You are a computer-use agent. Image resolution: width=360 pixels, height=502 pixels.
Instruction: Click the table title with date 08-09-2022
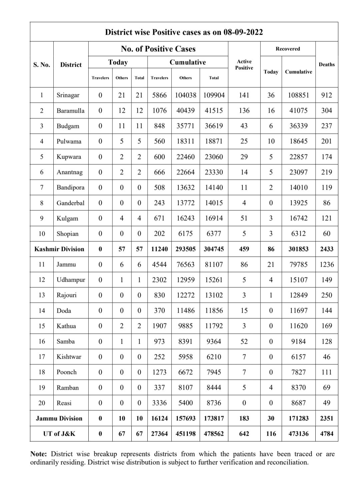(x=184, y=32)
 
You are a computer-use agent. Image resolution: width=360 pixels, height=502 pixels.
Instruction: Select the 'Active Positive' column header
(x=244, y=65)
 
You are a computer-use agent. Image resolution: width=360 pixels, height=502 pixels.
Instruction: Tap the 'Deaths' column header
(x=327, y=64)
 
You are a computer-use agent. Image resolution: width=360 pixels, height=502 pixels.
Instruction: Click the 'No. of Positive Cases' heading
(x=158, y=49)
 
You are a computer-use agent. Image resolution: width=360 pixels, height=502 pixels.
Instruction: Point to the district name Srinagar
(x=68, y=95)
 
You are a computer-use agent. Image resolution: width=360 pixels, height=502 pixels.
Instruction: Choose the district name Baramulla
(x=70, y=111)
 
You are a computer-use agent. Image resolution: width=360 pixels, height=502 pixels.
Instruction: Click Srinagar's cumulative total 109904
(x=214, y=95)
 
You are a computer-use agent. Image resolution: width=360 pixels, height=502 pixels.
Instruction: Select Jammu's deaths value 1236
(x=327, y=265)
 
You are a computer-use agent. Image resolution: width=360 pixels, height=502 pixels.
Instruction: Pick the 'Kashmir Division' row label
(x=59, y=249)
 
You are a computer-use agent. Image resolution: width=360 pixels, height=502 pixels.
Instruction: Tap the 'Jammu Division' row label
(x=59, y=418)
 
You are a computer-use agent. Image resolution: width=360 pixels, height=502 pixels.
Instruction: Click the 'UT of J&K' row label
(x=59, y=434)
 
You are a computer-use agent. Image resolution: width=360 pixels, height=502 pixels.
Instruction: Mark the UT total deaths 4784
(x=327, y=434)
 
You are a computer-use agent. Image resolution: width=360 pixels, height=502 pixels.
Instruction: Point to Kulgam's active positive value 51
(x=244, y=218)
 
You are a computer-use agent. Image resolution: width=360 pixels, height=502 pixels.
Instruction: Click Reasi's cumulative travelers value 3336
(x=159, y=403)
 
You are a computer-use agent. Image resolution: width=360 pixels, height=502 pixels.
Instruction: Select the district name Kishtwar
(x=69, y=357)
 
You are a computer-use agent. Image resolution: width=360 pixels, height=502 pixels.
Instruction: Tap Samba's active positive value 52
(x=244, y=341)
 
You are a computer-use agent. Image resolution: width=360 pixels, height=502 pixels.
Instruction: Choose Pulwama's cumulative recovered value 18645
(x=298, y=141)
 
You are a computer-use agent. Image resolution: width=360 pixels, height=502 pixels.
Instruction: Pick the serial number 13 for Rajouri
(x=42, y=295)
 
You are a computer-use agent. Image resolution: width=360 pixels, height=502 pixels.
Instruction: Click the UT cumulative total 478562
(x=214, y=434)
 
